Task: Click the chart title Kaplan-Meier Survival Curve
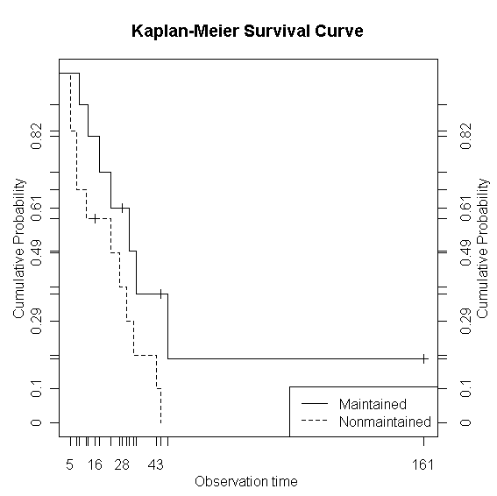tap(247, 32)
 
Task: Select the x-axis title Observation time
tap(246, 481)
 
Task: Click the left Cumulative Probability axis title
tap(18, 248)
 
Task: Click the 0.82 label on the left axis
tap(36, 133)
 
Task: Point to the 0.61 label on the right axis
tap(465, 208)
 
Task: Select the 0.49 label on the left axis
tap(36, 251)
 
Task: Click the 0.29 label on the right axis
tap(465, 321)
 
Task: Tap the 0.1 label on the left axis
tap(36, 387)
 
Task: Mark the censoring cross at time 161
tap(423, 358)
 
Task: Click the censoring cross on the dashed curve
tap(94, 218)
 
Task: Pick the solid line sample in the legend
tap(314, 404)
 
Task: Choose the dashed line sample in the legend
tap(314, 422)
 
